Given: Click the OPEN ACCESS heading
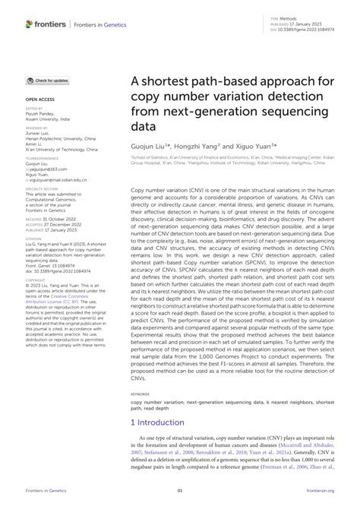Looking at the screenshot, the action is [41, 100].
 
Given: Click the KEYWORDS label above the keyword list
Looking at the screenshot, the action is [140, 394].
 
